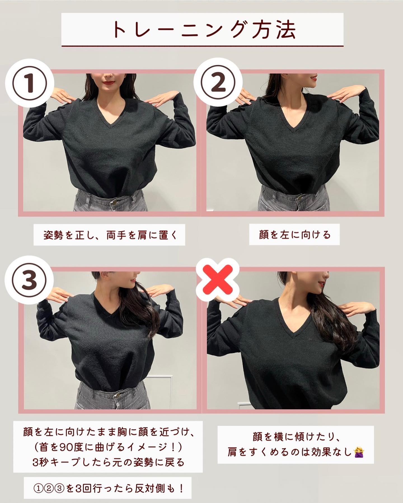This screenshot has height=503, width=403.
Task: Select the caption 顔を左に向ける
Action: click(x=295, y=234)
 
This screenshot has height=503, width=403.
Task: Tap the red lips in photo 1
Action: click(x=107, y=82)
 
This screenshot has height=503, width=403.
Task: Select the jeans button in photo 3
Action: click(x=115, y=397)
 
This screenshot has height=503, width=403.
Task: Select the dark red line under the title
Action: click(x=202, y=45)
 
